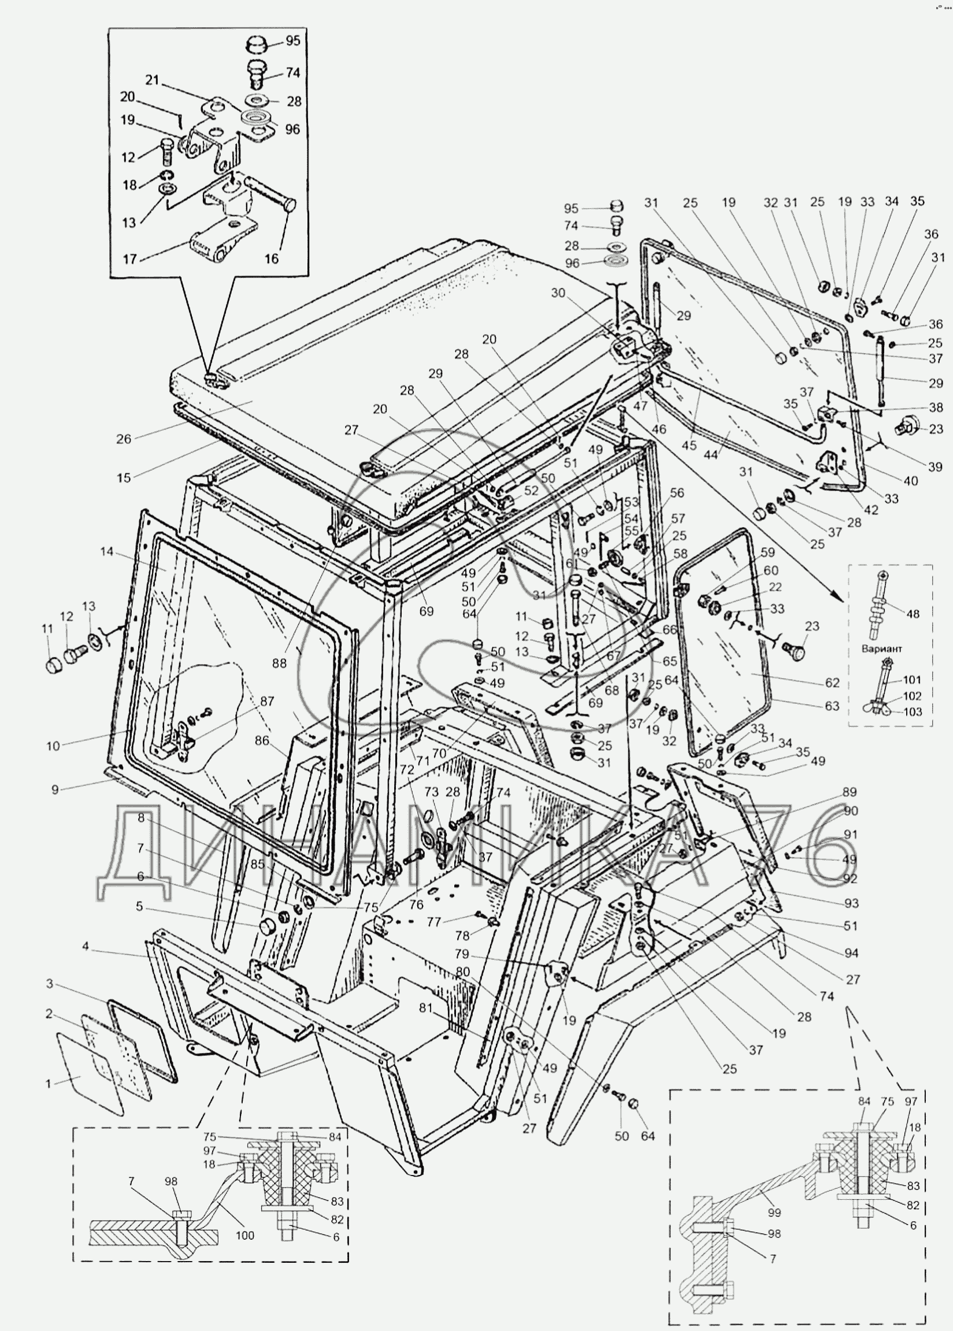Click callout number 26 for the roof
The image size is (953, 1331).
pyautogui.click(x=124, y=439)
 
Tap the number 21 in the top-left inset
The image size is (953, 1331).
pyautogui.click(x=152, y=80)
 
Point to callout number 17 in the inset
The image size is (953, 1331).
pyautogui.click(x=129, y=259)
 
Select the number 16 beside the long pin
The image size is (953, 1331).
pyautogui.click(x=271, y=259)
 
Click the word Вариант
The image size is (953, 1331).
pyautogui.click(x=881, y=649)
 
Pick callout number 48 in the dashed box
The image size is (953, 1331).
pyautogui.click(x=913, y=614)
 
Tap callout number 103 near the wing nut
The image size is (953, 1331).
pyautogui.click(x=913, y=712)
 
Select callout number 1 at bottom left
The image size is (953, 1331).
pyautogui.click(x=49, y=1084)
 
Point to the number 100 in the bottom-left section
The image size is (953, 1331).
pyautogui.click(x=244, y=1235)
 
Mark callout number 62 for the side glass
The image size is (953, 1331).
pyautogui.click(x=832, y=683)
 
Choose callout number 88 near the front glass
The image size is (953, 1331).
pyautogui.click(x=279, y=663)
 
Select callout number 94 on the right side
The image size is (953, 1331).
pyautogui.click(x=851, y=954)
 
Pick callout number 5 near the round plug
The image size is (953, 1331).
pyautogui.click(x=139, y=907)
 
